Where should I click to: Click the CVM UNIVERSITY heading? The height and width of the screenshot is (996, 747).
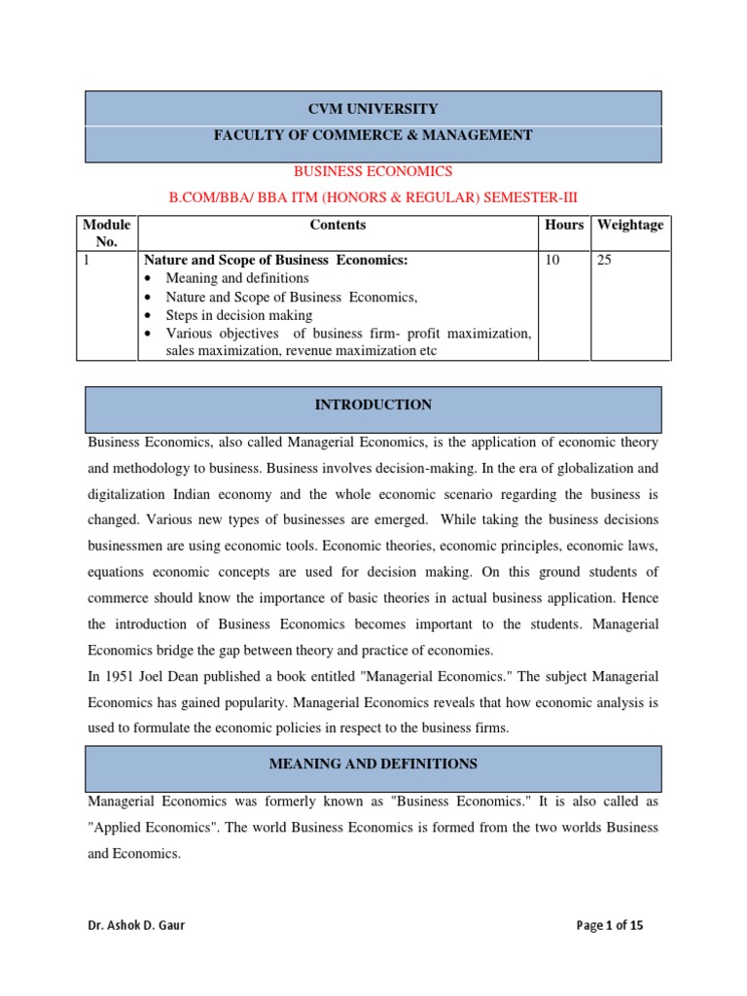pos(373,109)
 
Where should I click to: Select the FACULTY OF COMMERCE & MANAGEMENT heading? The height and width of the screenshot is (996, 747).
pos(373,135)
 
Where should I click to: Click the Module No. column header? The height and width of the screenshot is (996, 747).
pos(107,232)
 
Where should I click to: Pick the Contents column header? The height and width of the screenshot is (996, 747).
pos(338,225)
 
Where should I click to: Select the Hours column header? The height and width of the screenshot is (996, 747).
pos(564,225)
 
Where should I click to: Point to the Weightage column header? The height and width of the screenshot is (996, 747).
pos(630,225)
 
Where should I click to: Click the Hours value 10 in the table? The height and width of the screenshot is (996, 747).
pos(553,261)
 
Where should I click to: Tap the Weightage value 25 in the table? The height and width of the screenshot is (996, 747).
pos(605,261)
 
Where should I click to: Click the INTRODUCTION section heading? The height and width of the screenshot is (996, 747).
pos(373,405)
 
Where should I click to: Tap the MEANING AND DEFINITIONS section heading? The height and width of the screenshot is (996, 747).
pos(373,765)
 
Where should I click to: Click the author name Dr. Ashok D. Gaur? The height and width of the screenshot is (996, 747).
pos(136,925)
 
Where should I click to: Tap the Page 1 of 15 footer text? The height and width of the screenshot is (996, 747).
pos(610,925)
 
